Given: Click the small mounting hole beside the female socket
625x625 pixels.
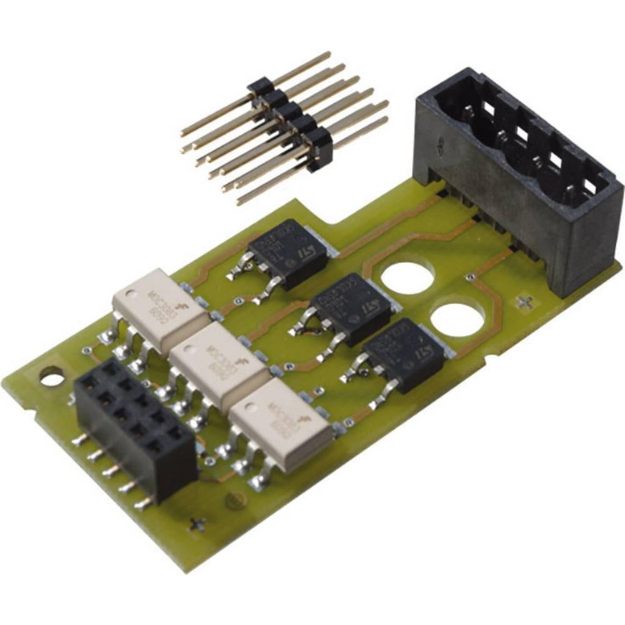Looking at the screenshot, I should (51, 376).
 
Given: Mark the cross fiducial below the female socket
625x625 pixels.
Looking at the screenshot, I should (199, 524).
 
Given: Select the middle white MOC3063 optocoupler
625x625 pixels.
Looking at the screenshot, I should (219, 368).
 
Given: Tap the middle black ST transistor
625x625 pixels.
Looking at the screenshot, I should (353, 309).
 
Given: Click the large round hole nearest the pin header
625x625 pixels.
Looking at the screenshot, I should (407, 277).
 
